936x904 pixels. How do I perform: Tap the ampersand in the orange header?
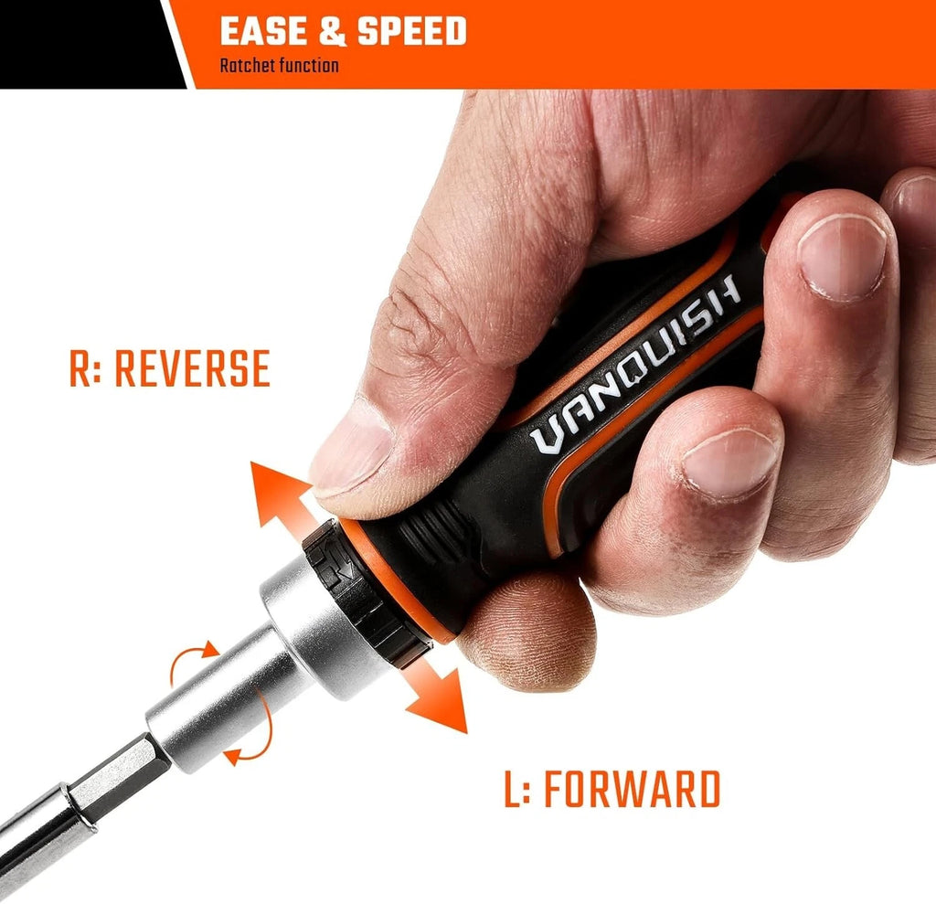pos(333,32)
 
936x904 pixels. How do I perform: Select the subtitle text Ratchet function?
pos(279,66)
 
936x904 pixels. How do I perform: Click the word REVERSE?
pos(192,368)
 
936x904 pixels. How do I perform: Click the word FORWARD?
pos(633,790)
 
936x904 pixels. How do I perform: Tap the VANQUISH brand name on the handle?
pos(636,364)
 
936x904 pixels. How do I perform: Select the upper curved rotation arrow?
pos(190,659)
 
